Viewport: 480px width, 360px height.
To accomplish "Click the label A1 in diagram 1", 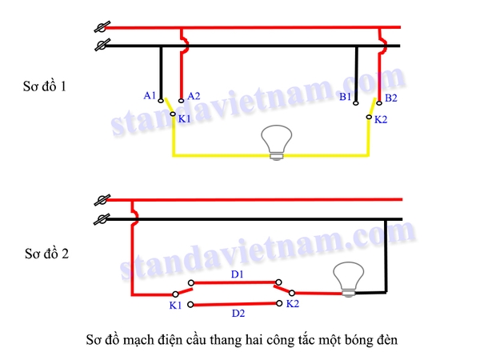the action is [x=150, y=95].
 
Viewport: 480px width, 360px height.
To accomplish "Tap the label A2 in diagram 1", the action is [x=194, y=96].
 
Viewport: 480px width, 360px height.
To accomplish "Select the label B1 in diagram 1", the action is [x=345, y=97].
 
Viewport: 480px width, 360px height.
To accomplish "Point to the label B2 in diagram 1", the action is [x=391, y=98].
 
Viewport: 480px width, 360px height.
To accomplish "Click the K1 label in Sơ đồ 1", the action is [x=184, y=118].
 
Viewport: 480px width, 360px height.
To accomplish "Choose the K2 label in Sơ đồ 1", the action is [x=381, y=119].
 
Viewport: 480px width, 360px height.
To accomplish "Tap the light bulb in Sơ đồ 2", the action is [x=348, y=279].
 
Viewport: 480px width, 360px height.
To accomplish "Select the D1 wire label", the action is [x=237, y=274].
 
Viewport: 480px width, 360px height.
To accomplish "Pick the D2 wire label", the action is [x=237, y=313].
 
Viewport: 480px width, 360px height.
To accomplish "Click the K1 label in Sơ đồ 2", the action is [x=175, y=306].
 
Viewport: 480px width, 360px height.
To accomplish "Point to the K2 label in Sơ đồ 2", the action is [x=292, y=305].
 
